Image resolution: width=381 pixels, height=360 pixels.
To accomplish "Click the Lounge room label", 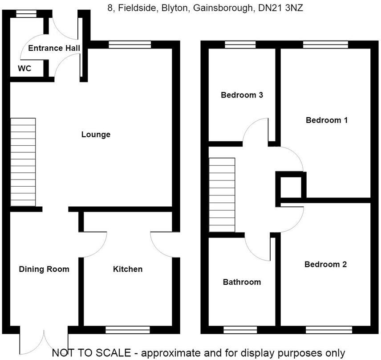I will coord(96,135).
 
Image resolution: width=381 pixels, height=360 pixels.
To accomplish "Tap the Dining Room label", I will coord(44,269).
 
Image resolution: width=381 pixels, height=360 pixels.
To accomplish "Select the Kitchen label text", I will coord(128,269).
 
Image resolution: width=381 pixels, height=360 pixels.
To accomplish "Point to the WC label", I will coord(24,69).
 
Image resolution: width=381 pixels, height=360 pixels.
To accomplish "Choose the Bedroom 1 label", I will coord(326,120).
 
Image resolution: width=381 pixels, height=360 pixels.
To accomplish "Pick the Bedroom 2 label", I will coord(325,265).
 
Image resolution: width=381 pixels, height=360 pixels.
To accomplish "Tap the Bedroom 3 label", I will coord(242,95).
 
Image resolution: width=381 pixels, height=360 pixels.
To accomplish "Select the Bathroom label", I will coord(242,282).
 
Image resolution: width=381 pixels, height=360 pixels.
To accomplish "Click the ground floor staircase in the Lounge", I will coord(23,162).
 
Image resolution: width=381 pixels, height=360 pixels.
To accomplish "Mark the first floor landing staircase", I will coord(222,195).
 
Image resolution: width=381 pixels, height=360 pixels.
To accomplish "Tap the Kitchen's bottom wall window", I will coord(127,330).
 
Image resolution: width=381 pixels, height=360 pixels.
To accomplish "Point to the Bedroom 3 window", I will coord(240,45).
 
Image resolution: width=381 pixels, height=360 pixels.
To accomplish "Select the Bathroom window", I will coord(240,330).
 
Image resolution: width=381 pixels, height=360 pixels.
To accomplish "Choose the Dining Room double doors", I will coord(44,341).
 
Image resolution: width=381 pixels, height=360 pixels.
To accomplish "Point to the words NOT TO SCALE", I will coord(91,353).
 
